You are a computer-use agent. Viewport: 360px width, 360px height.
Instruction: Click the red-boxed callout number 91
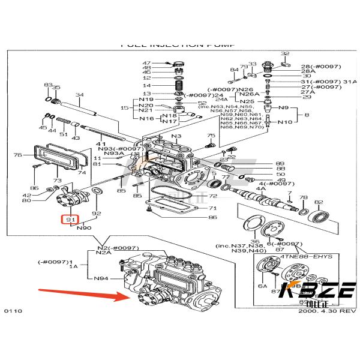point(71,220)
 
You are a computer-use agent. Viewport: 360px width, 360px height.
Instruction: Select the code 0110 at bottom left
point(13,312)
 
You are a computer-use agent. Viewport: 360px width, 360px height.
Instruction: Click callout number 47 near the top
point(146,64)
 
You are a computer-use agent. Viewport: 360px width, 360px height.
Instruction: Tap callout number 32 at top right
point(285,54)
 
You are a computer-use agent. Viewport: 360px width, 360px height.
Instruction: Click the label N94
point(101,278)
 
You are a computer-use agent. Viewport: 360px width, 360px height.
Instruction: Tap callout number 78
point(303,197)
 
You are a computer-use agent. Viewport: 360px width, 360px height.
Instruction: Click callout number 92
point(97,212)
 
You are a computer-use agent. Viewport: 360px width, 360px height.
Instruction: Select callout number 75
point(211,136)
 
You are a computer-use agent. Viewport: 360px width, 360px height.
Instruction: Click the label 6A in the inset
point(262,287)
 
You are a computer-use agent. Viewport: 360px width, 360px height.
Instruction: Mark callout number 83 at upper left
point(48,85)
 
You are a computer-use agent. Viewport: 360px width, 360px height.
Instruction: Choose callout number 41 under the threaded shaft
point(101,145)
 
